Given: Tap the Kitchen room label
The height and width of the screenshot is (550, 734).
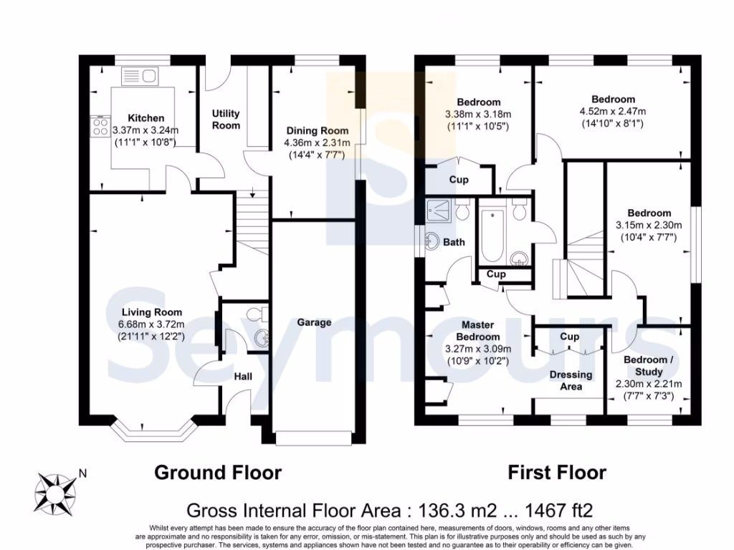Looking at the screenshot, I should pos(146,118).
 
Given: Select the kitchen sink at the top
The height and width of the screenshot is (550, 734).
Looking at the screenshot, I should pos(140,76).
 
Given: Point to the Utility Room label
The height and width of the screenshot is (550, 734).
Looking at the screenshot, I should pos(226,120).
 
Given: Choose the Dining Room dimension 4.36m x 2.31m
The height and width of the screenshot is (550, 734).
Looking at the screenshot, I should pos(318,143).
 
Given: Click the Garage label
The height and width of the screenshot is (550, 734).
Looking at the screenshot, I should pos(314,322).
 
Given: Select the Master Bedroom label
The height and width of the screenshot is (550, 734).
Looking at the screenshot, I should pos(478,331).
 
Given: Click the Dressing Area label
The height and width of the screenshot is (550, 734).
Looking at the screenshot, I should pos(571,380).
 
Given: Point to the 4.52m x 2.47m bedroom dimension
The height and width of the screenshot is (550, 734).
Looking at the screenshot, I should pos(612,111).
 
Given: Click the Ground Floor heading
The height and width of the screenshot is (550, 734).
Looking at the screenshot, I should pos(218,473).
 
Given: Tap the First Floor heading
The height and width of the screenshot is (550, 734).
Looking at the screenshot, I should pos(556,473).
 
